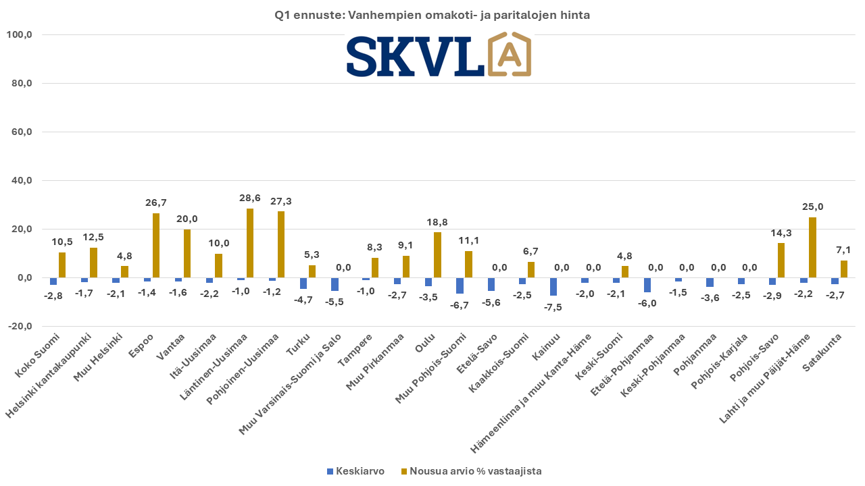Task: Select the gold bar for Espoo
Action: point(156,246)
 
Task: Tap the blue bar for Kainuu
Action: point(553,287)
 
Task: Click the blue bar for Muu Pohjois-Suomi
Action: point(460,286)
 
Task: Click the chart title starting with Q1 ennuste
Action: point(432,14)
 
